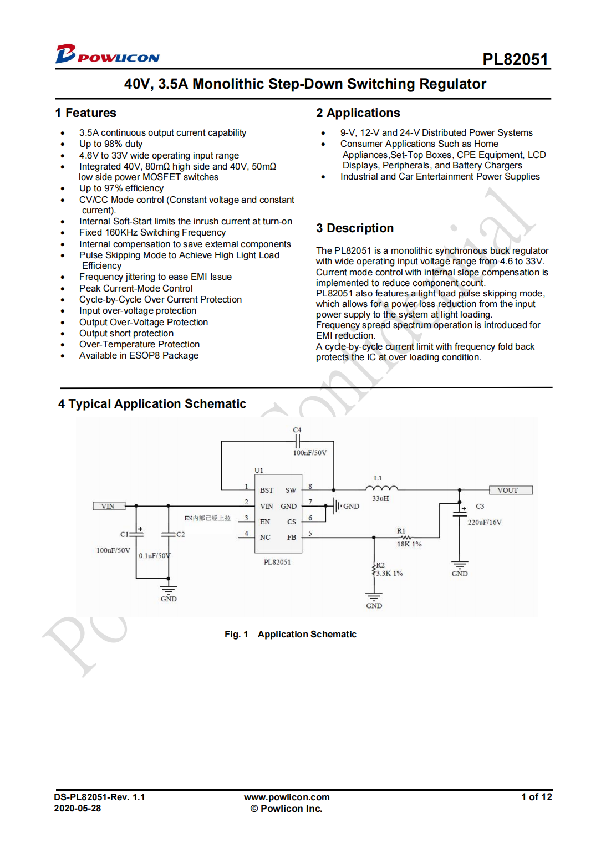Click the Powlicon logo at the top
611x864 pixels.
coord(107,54)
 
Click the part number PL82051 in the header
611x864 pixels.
coord(515,59)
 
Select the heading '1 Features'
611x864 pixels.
coord(86,113)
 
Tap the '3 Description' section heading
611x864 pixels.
coord(355,228)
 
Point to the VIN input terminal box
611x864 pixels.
coord(109,506)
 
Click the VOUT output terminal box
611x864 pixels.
coord(510,490)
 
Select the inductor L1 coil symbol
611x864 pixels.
coord(381,488)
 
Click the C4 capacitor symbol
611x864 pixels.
coord(298,441)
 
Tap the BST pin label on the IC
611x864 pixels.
coord(267,490)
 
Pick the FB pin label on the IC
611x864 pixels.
coord(291,537)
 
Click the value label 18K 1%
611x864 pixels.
coord(409,544)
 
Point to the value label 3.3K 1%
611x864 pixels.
coord(389,574)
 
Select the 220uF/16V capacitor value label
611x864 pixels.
coord(485,522)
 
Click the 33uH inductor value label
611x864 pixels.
coord(380,499)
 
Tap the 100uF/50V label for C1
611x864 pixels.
coord(113,550)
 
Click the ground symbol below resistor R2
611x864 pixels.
coord(374,597)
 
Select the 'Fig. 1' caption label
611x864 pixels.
coord(236,635)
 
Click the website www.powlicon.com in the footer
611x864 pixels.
coord(287,797)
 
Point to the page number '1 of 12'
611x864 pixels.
coord(536,797)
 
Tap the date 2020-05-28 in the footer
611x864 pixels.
coord(78,809)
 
